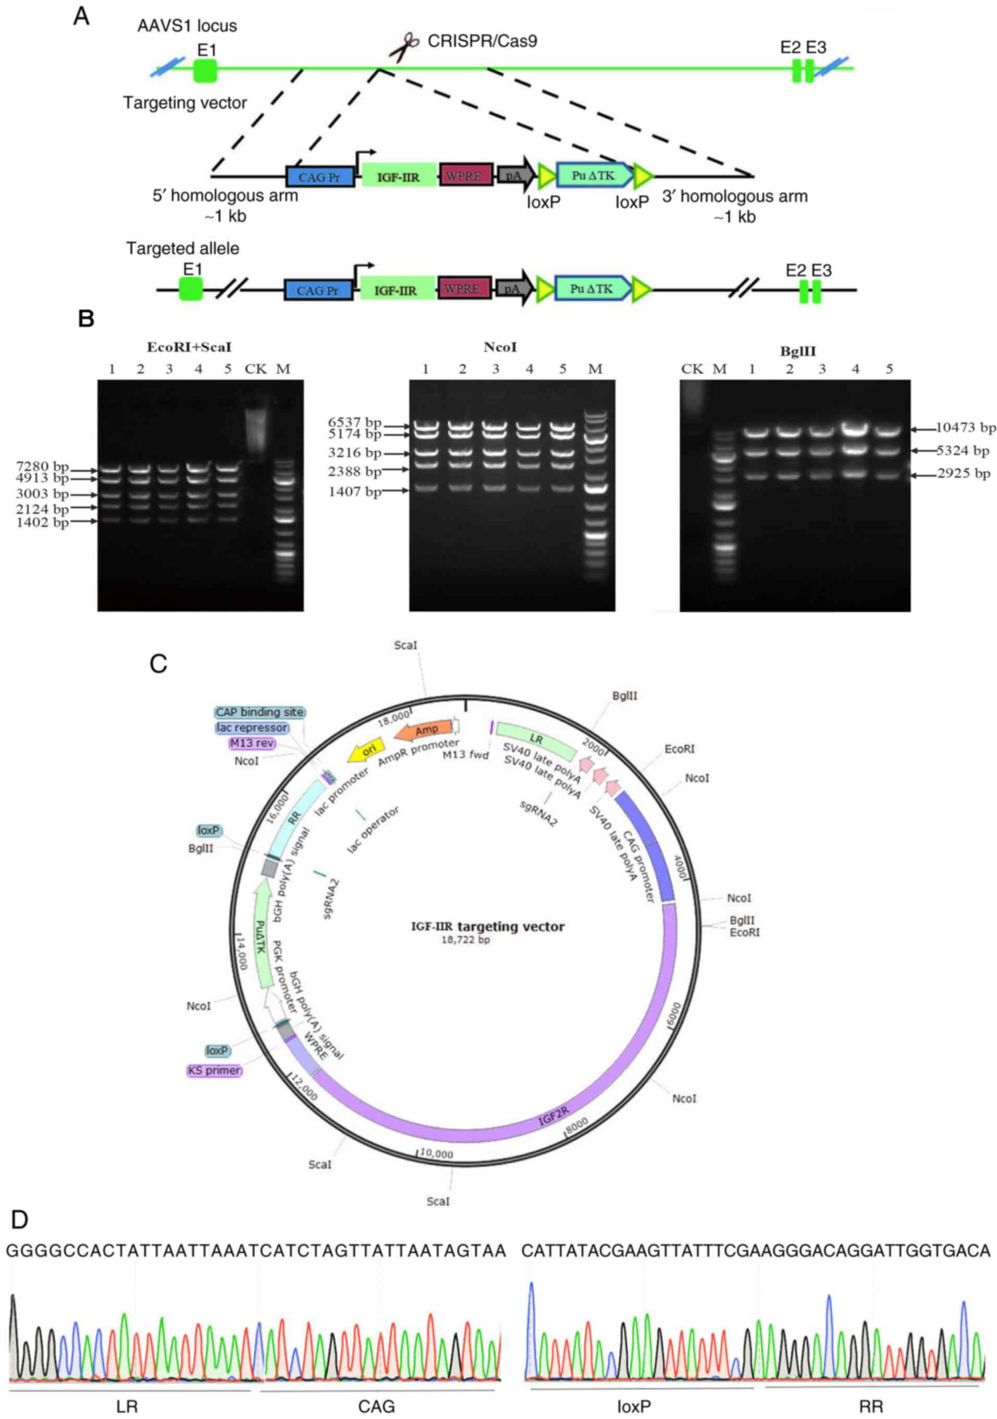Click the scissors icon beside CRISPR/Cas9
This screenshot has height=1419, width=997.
point(403,47)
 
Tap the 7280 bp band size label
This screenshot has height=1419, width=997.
point(43,467)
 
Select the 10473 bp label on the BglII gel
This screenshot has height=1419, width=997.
point(965,427)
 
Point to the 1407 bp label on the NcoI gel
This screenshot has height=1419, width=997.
point(354,492)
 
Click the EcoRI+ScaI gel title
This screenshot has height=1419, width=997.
point(189,347)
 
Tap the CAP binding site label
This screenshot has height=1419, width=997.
point(260,712)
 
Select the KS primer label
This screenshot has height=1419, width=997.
point(214,1070)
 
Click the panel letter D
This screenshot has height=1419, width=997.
point(20,1220)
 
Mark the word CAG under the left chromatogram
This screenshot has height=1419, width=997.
point(376,1406)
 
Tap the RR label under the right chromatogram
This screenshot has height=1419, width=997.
point(870,1406)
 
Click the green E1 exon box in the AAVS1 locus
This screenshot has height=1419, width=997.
point(205,70)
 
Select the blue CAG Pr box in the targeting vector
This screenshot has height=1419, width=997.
point(320,177)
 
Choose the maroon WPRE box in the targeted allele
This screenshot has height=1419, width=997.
point(463,289)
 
